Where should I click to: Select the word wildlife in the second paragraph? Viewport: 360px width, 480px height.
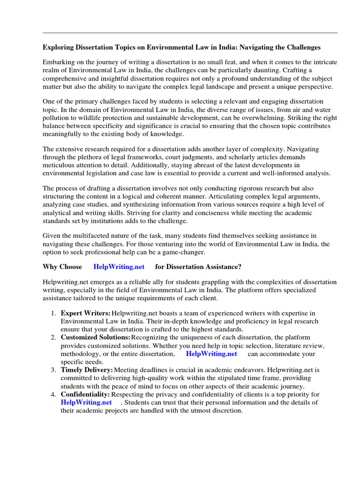[x=88, y=119]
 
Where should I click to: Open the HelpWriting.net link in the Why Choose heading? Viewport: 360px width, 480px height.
[x=118, y=267]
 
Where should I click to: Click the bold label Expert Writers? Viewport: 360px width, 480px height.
[x=86, y=313]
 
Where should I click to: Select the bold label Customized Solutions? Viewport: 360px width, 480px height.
[x=96, y=337]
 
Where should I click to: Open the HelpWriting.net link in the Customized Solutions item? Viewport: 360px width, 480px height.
[x=211, y=354]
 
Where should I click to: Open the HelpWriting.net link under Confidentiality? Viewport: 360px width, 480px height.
[x=86, y=402]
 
